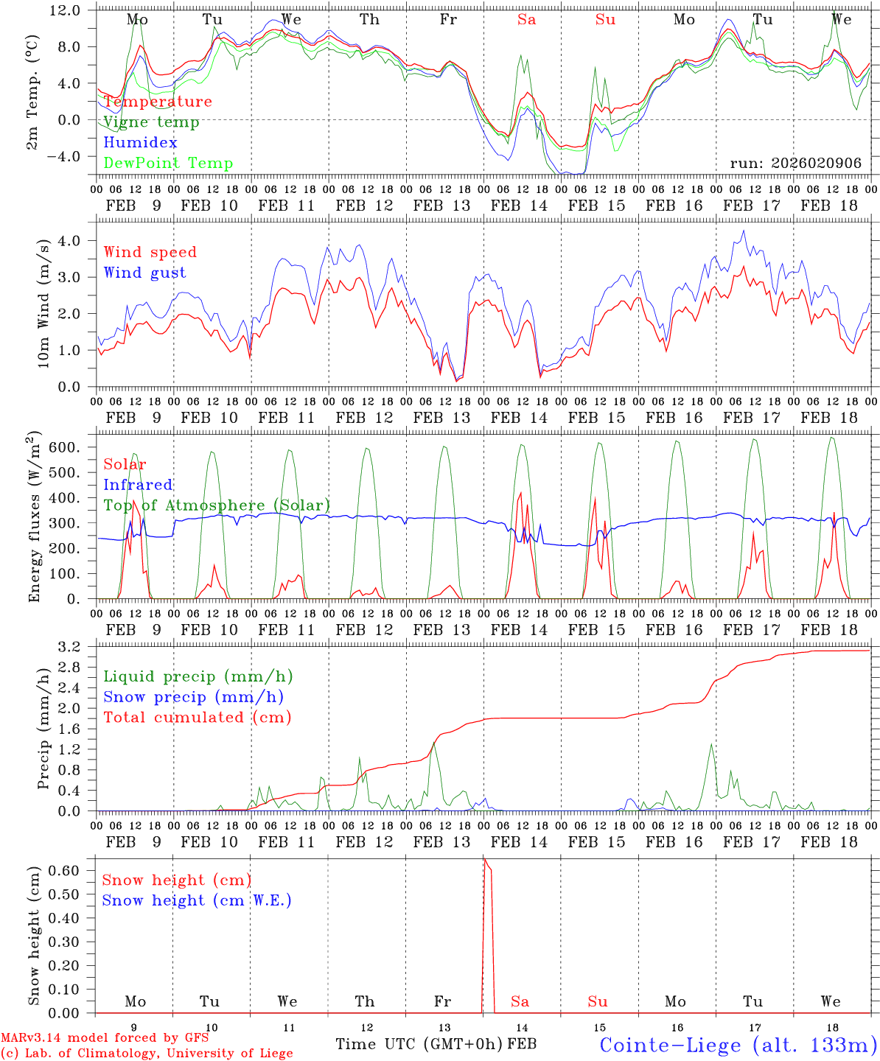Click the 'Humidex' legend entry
point(140,142)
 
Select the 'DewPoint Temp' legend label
point(168,163)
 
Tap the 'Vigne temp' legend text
point(151,122)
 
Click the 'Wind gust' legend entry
point(144,273)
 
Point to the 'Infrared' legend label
point(138,485)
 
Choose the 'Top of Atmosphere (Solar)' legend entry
point(217,505)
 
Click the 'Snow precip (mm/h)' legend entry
point(194,697)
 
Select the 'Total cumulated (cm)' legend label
point(198,718)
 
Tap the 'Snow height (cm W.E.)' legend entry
point(197,900)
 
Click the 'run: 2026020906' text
point(795,164)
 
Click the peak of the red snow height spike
point(484,859)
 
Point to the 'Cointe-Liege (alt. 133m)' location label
point(738,1045)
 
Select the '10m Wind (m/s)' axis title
point(43,303)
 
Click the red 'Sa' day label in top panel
point(526,20)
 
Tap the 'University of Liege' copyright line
point(147,1054)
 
